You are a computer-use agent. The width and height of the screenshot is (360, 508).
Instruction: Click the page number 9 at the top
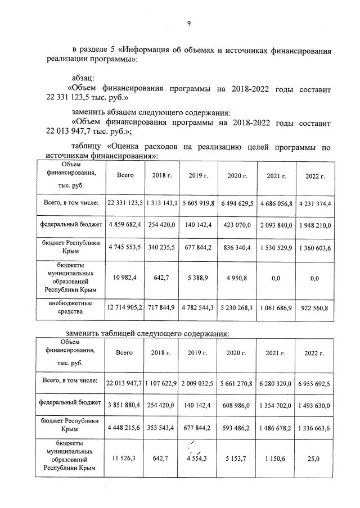pos(189,23)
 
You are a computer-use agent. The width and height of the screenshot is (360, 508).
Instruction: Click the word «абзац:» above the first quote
pos(87,77)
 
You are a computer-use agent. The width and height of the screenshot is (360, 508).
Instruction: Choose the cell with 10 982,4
pos(124,278)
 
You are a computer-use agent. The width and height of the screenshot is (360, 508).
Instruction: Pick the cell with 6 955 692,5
pos(315,383)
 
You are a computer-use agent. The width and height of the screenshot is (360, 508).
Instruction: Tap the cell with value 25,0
pos(315,459)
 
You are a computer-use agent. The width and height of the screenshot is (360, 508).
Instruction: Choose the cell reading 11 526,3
pos(124,459)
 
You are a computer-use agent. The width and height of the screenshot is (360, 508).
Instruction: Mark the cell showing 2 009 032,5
pos(199,383)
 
